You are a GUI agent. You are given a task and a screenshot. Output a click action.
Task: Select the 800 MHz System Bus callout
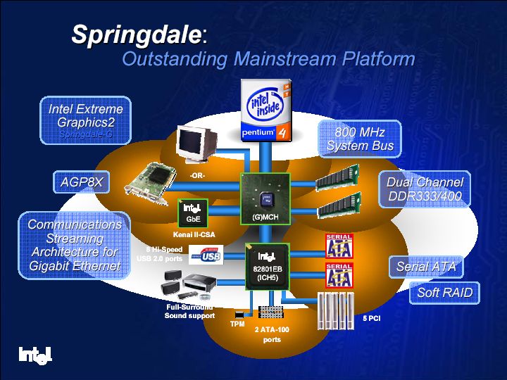360,138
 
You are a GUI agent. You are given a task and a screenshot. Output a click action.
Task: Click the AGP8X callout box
81,183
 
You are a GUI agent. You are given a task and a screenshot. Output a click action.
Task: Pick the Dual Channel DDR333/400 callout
425,189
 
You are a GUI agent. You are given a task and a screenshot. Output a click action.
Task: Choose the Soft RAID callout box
444,293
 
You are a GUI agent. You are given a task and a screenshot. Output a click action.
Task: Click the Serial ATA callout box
426,267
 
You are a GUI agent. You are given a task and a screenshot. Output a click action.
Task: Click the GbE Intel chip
192,211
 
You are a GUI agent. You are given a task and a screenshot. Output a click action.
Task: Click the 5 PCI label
372,318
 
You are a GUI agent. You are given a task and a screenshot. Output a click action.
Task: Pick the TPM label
237,324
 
